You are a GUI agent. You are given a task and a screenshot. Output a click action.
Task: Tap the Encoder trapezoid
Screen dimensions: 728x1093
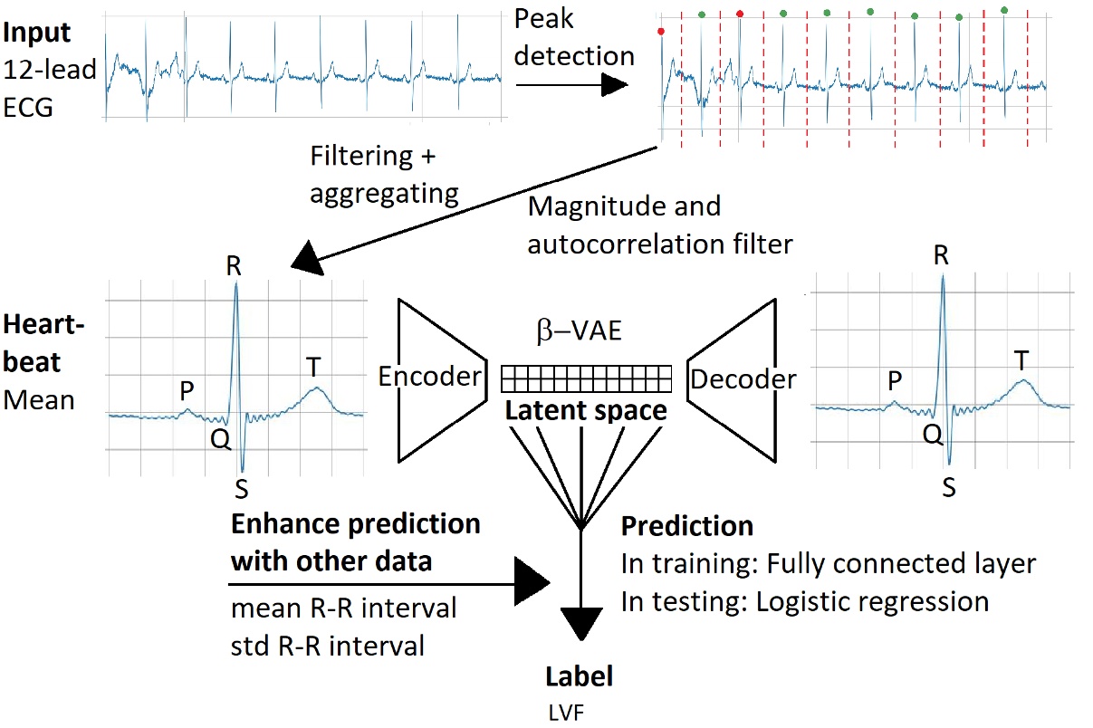click(x=438, y=378)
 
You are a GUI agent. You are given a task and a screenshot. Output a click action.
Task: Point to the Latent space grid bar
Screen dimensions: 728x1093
click(x=587, y=377)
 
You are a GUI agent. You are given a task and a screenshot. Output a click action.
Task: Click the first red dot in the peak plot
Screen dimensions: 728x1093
click(x=661, y=31)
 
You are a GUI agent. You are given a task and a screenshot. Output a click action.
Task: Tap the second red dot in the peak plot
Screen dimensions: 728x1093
click(x=740, y=14)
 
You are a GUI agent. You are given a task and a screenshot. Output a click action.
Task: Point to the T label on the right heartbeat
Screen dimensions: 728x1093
click(x=1022, y=360)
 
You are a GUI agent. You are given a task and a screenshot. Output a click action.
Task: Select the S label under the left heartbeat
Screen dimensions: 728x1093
click(x=241, y=490)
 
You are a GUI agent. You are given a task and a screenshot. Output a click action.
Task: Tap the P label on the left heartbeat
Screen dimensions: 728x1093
click(x=187, y=389)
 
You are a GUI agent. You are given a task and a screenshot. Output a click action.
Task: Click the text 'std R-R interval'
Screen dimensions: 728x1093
click(x=328, y=647)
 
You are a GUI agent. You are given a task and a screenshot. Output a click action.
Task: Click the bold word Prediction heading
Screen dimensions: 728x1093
click(x=687, y=526)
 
